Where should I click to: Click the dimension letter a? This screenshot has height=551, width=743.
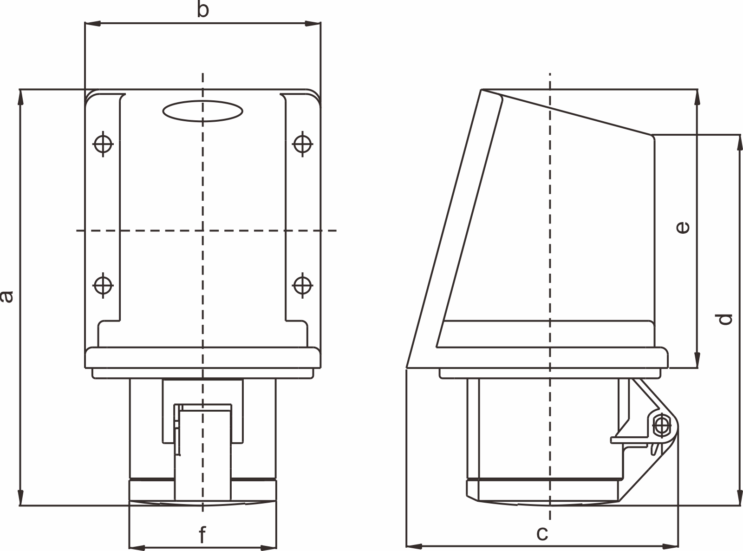(x=7, y=296)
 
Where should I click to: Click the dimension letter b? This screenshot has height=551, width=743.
(x=202, y=10)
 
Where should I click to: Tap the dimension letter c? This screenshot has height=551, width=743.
(x=542, y=534)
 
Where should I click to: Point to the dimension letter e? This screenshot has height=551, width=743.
(x=683, y=227)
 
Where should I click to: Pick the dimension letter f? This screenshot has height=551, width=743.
(x=202, y=535)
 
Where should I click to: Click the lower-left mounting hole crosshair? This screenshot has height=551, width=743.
(x=103, y=284)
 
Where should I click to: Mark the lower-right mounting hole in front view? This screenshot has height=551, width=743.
(x=302, y=284)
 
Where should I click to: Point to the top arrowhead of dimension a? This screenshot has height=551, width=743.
(x=20, y=96)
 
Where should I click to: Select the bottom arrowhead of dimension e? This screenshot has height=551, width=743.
(x=697, y=361)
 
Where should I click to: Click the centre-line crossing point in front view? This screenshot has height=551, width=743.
(x=202, y=230)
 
